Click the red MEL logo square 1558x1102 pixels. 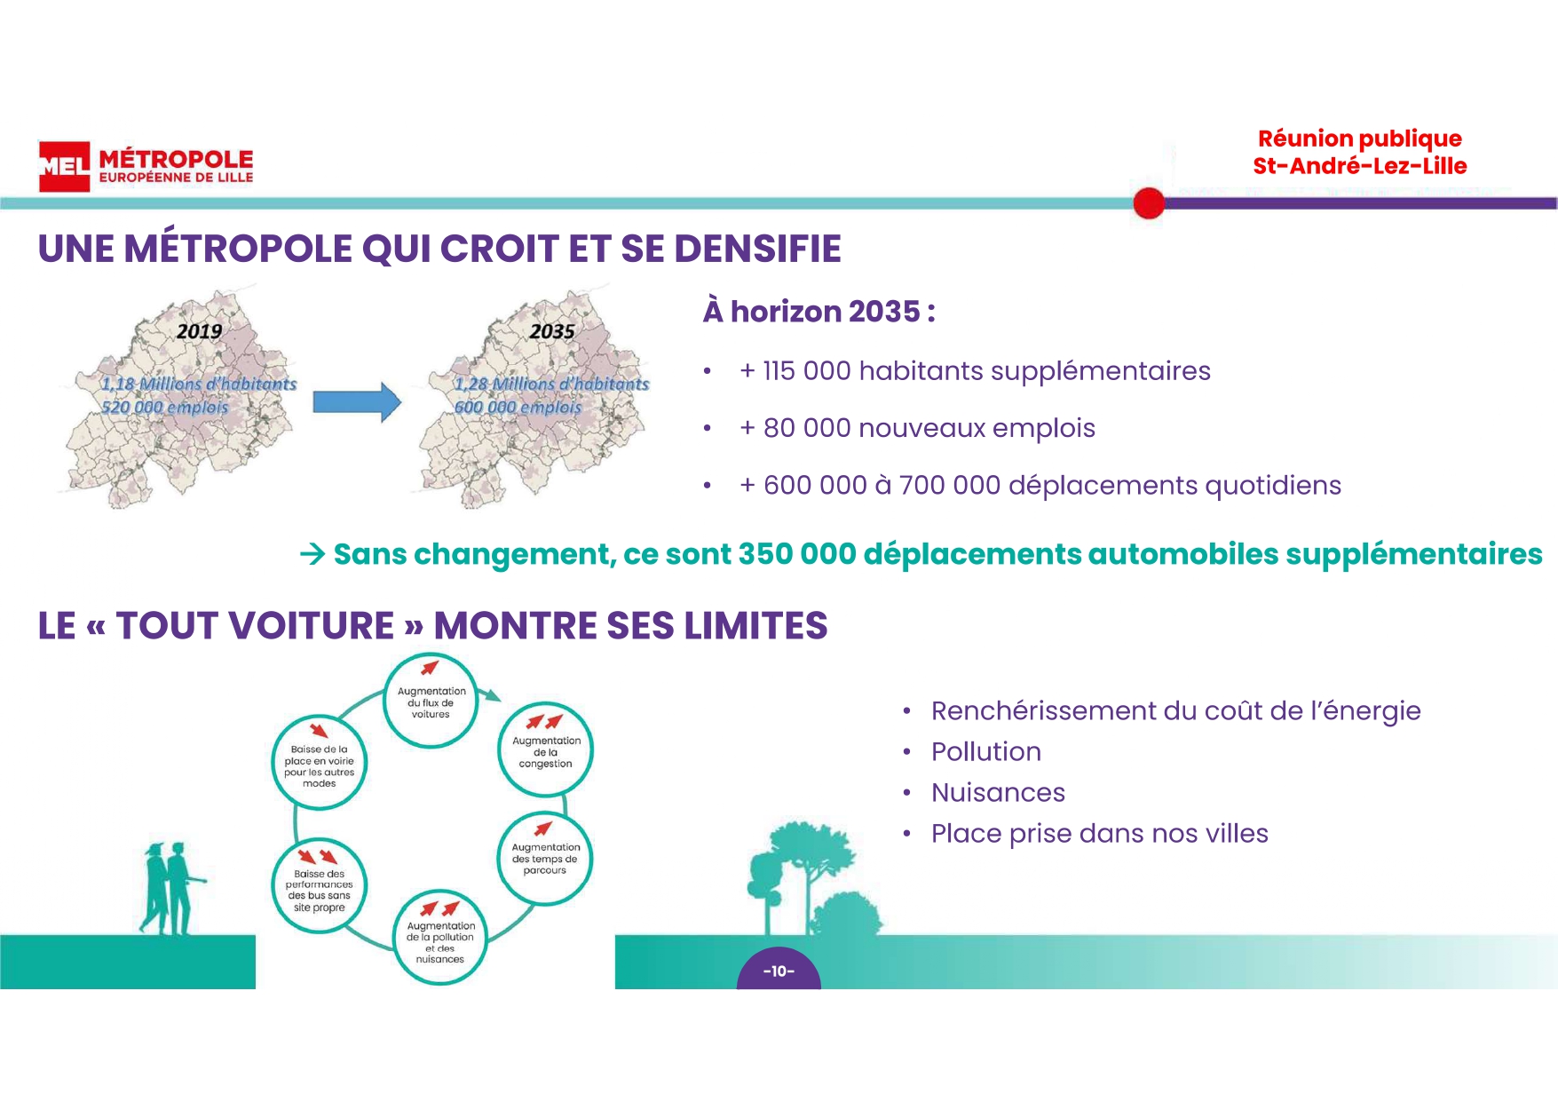click(x=64, y=166)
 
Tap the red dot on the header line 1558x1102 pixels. click(x=1149, y=203)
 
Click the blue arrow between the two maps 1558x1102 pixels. click(x=357, y=402)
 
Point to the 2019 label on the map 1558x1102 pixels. click(x=199, y=331)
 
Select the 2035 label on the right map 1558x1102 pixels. click(x=552, y=331)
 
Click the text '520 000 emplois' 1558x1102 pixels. click(x=164, y=407)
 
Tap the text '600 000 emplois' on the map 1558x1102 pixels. click(x=518, y=407)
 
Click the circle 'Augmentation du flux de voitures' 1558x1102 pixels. click(x=431, y=701)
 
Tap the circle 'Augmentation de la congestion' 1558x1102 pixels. click(x=546, y=750)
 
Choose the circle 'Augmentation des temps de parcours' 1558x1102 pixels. click(x=545, y=858)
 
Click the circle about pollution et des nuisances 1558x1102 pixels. click(x=440, y=938)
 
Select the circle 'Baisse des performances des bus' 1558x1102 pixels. click(x=319, y=887)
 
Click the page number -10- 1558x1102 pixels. click(x=779, y=971)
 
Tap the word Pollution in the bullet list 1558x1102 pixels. click(x=986, y=752)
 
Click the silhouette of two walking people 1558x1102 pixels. click(x=173, y=888)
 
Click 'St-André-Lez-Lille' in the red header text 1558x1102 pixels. click(x=1359, y=166)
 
